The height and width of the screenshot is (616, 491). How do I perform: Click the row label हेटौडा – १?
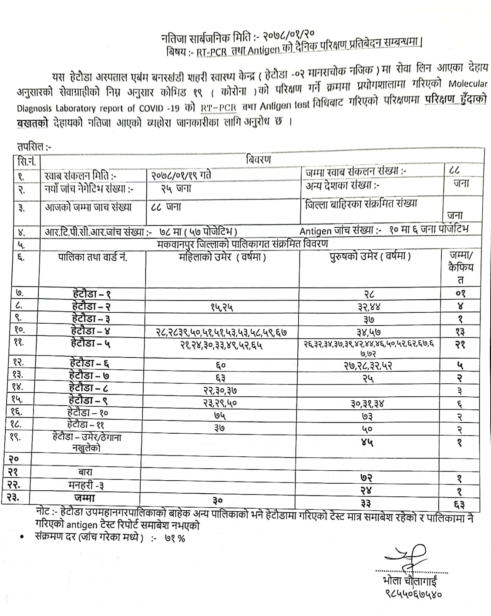(x=91, y=294)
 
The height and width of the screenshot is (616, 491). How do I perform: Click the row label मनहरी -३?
(x=86, y=485)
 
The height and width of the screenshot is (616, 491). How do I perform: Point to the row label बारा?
(x=85, y=472)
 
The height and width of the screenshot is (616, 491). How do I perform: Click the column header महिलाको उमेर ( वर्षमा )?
(x=222, y=257)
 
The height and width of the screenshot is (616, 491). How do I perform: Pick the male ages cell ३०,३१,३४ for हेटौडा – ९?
(x=368, y=404)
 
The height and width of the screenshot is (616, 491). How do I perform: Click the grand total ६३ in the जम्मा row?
(x=459, y=505)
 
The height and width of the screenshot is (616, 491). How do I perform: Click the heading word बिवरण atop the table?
(x=258, y=159)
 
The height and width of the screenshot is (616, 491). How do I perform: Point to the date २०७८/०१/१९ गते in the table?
(x=181, y=175)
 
